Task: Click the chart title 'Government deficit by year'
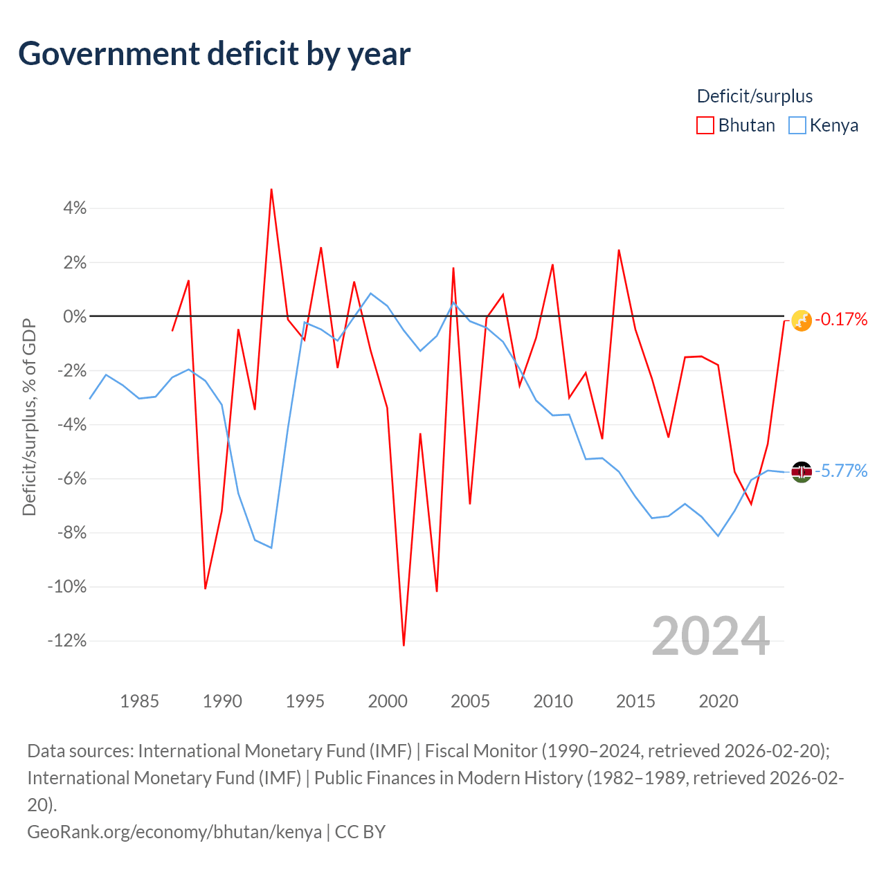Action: (x=214, y=54)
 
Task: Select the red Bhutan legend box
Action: (x=705, y=125)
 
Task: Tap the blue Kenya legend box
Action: (x=797, y=125)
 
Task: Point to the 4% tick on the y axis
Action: (x=75, y=208)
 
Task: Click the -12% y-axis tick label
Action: (x=67, y=640)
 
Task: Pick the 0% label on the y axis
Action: (x=75, y=316)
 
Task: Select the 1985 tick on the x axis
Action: (x=139, y=701)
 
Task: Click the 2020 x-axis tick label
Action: (x=718, y=701)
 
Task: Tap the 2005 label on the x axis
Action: (x=470, y=701)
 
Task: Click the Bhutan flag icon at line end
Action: (x=801, y=320)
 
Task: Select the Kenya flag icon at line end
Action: (x=801, y=472)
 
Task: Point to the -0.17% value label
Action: (x=841, y=319)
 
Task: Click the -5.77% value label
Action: (x=841, y=471)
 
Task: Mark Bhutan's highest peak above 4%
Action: (x=271, y=190)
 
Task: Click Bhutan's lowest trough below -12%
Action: (x=404, y=645)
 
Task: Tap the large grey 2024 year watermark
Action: (x=710, y=636)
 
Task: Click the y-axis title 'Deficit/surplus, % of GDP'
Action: (x=29, y=417)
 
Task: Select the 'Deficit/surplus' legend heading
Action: (x=754, y=96)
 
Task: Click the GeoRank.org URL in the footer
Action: (x=174, y=832)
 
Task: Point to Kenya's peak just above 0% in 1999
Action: (x=370, y=293)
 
